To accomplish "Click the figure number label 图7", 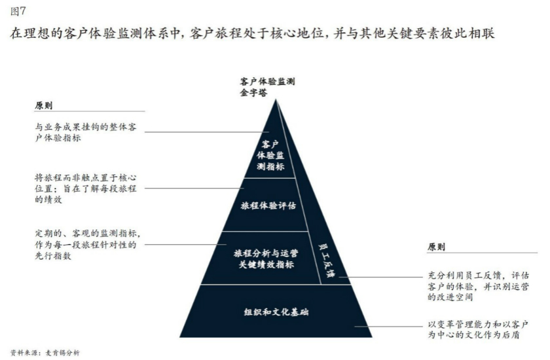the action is [x=18, y=12].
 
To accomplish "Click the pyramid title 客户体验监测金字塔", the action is [x=267, y=87].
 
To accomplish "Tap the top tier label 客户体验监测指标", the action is [x=270, y=155].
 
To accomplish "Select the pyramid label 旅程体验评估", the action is [x=268, y=206].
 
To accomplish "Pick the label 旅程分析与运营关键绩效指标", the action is [x=266, y=259].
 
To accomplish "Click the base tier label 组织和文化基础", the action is [x=276, y=312].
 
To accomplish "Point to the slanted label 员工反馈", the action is [x=326, y=260].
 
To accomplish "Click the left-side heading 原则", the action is [x=43, y=105].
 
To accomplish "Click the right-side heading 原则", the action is [x=436, y=247].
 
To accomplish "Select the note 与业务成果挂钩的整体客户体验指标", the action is [x=86, y=132].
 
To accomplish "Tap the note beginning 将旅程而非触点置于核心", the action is [x=86, y=189].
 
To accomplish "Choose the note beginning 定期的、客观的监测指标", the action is [x=88, y=244].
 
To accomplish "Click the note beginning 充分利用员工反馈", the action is [x=478, y=287].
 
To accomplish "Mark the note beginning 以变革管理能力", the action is [x=478, y=329].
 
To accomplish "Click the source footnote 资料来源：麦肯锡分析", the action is [x=45, y=353].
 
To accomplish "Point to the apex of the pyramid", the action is [x=276, y=99].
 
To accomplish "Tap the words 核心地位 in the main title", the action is [x=297, y=33].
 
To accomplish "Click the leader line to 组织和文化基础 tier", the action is [x=388, y=327].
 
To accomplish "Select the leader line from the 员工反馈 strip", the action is [x=381, y=277].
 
